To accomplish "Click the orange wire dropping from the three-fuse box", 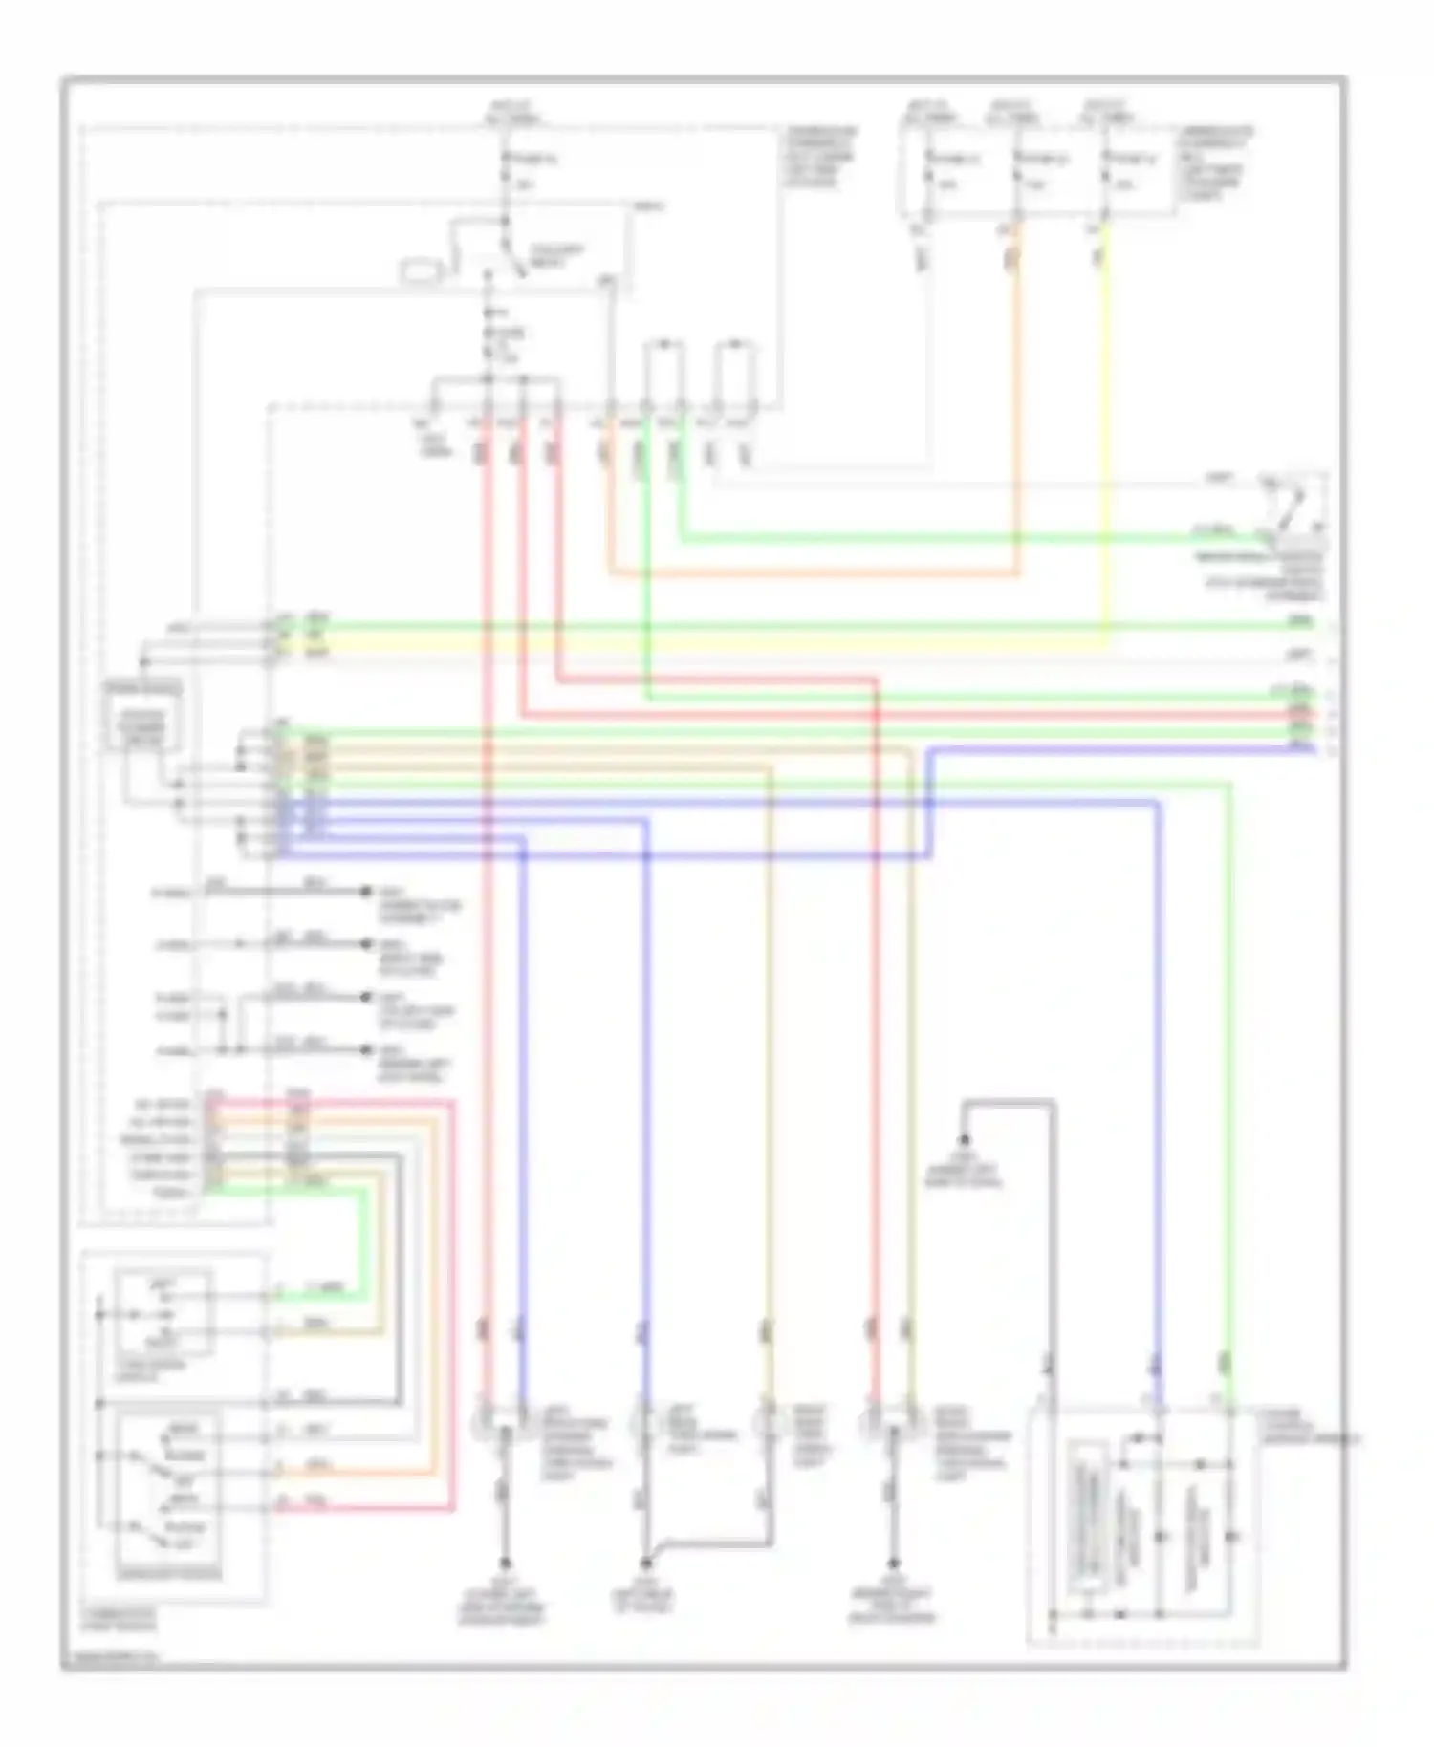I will [x=1016, y=401].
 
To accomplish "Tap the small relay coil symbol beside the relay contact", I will [x=421, y=271].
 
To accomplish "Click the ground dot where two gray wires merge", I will [x=646, y=1564].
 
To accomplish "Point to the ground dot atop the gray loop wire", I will [x=964, y=1139].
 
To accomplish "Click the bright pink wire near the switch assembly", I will [x=451, y=1290].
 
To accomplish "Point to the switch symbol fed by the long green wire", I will [x=1295, y=507].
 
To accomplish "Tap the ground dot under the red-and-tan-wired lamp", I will [x=894, y=1564].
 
